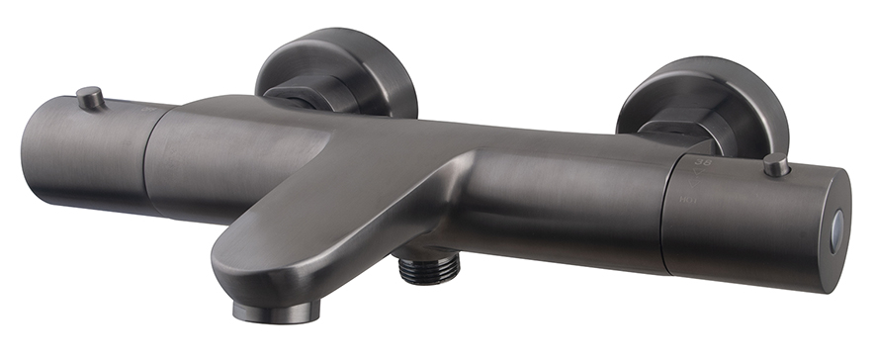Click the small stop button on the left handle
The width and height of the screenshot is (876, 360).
90,97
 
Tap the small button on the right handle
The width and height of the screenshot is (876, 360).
776,165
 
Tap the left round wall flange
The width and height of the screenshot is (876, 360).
336,71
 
